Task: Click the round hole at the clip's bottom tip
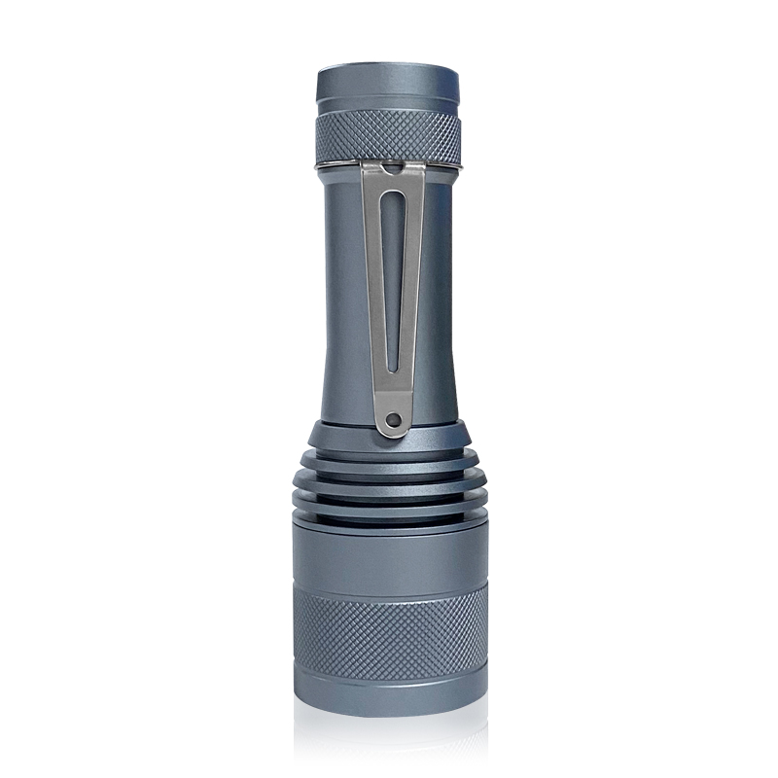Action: pyautogui.click(x=392, y=420)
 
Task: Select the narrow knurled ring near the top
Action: pyautogui.click(x=389, y=136)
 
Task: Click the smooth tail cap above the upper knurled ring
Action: pyautogui.click(x=389, y=90)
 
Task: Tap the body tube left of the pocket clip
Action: pyautogui.click(x=340, y=292)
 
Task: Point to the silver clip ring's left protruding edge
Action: pyautogui.click(x=319, y=167)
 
